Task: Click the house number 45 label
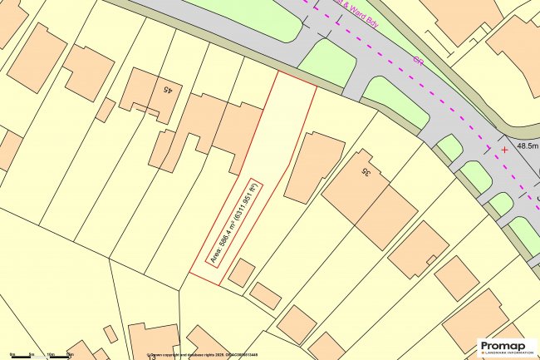click(168, 87)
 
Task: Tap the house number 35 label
click(364, 171)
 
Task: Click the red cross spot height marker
click(504, 150)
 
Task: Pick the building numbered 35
click(369, 195)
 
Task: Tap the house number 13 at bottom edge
click(152, 357)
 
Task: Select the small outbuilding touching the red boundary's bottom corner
click(241, 272)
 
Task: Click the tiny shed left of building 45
click(105, 110)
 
